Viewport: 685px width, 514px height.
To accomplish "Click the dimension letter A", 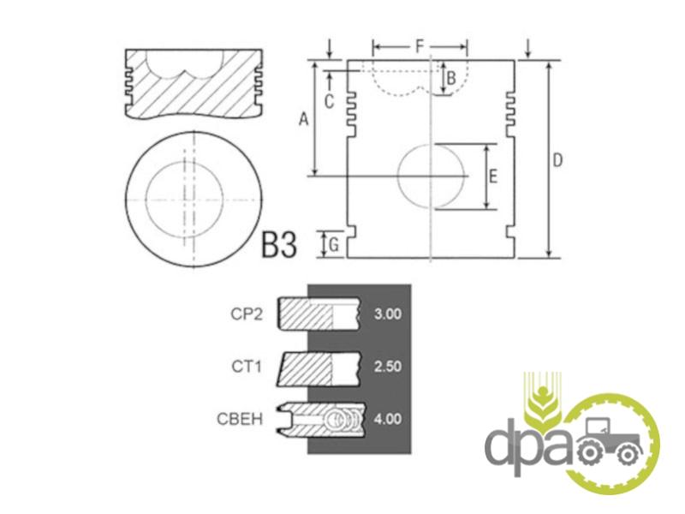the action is pos(304,119).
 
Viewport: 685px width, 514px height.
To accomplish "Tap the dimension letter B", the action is pos(451,78).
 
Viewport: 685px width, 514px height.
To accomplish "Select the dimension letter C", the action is pos(330,101).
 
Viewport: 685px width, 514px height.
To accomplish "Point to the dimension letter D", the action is pos(557,160).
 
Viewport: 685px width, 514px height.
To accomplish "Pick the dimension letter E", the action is pos(492,177).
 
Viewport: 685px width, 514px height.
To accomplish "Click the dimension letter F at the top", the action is pos(420,46).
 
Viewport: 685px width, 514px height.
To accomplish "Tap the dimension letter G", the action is pos(334,245).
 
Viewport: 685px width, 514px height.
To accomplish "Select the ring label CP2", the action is pos(247,314).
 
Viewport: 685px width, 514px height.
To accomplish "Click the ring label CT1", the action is pos(247,367).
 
